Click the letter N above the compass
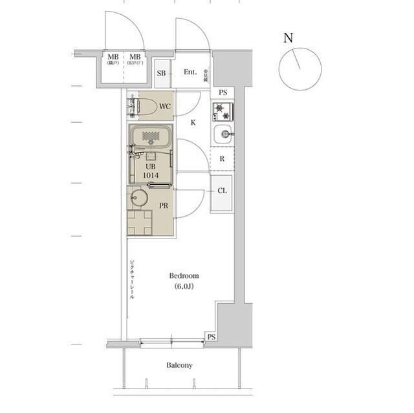(x=288, y=37)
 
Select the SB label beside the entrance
(x=161, y=73)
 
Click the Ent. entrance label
(x=190, y=72)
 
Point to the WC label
(x=164, y=106)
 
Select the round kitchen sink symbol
(x=223, y=135)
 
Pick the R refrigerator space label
(x=222, y=159)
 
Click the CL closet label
(x=222, y=191)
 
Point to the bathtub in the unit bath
(x=151, y=138)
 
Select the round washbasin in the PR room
(x=138, y=197)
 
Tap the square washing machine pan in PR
(x=140, y=223)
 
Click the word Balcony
(x=179, y=365)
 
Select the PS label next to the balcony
(x=211, y=337)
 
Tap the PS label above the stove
(x=223, y=92)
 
